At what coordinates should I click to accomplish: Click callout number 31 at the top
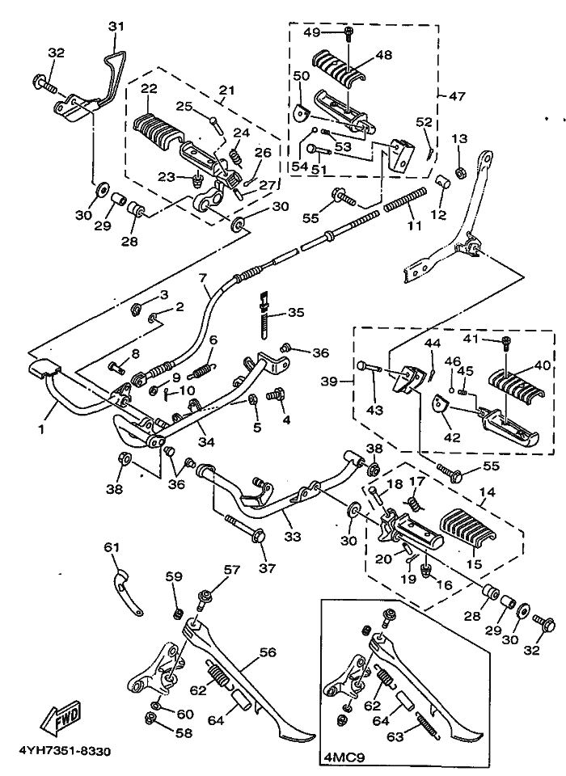[117, 27]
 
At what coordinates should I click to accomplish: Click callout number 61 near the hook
[111, 547]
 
